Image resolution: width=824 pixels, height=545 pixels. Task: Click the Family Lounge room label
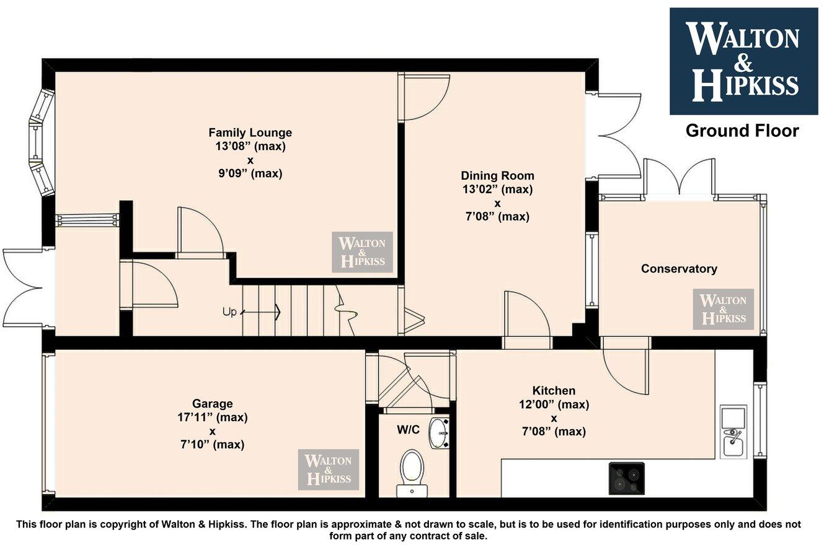point(250,133)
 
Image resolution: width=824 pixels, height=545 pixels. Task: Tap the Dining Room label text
point(497,176)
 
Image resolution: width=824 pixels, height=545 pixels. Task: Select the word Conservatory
point(679,269)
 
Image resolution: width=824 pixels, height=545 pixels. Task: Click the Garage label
point(212,404)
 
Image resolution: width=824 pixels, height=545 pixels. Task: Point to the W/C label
point(408,429)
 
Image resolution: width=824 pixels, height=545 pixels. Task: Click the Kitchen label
point(554,390)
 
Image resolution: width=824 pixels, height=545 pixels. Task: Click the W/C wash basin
point(439,434)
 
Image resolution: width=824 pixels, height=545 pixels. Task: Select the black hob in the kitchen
point(626,478)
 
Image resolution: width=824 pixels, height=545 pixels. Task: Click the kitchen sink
point(733,432)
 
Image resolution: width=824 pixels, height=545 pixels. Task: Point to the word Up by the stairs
point(229,312)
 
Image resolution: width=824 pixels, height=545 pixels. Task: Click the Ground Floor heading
point(742,131)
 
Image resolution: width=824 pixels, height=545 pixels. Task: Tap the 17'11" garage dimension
point(213,417)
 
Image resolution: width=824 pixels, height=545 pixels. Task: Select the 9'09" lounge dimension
point(250,173)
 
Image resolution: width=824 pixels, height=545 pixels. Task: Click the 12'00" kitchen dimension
point(554,404)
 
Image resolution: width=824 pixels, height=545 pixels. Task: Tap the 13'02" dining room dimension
point(497,190)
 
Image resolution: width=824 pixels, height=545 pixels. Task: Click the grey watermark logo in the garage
point(328,469)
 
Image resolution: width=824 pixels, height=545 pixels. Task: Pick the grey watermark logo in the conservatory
point(723,309)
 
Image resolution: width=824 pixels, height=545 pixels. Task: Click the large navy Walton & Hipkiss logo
point(744,61)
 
